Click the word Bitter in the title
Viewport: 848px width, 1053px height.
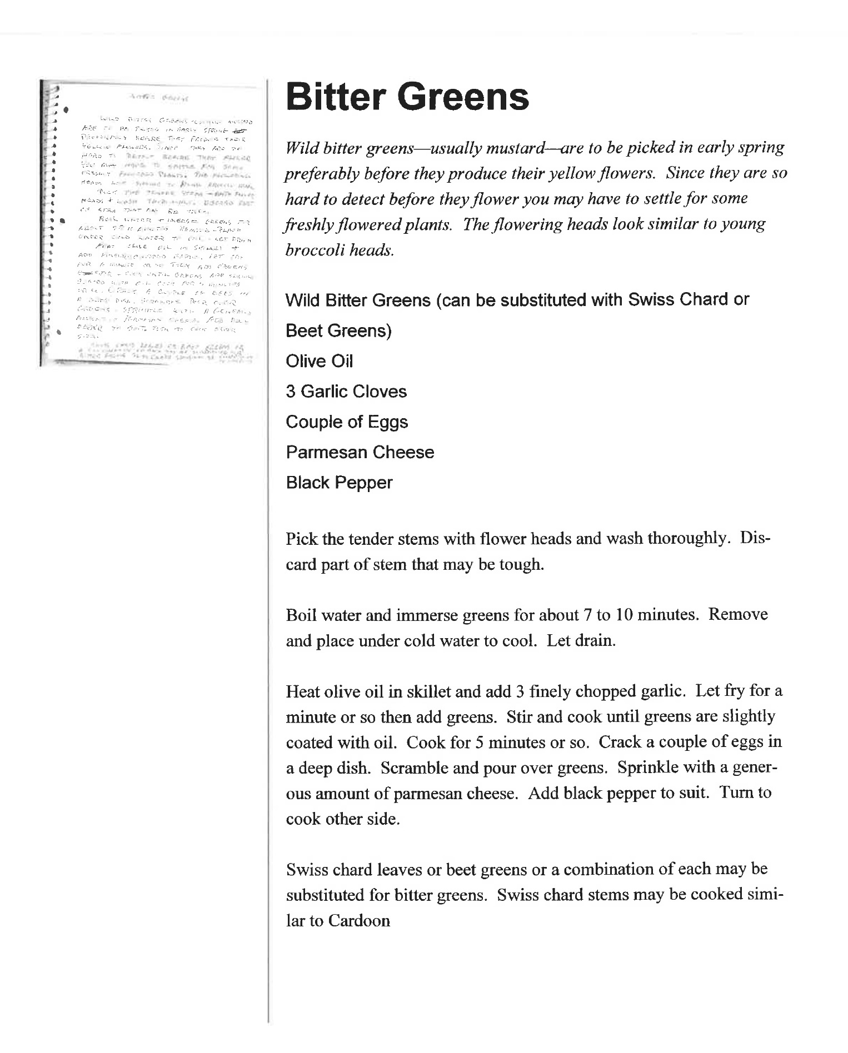pyautogui.click(x=336, y=97)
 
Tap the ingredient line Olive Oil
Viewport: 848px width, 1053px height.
pyautogui.click(x=319, y=362)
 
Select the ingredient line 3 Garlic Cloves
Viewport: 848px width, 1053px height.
pyautogui.click(x=346, y=392)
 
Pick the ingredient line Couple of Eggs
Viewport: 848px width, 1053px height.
pyautogui.click(x=347, y=422)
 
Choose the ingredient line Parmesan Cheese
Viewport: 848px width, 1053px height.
pyautogui.click(x=360, y=452)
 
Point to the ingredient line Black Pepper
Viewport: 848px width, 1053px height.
pyautogui.click(x=339, y=483)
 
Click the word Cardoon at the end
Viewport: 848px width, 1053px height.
pyautogui.click(x=359, y=921)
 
